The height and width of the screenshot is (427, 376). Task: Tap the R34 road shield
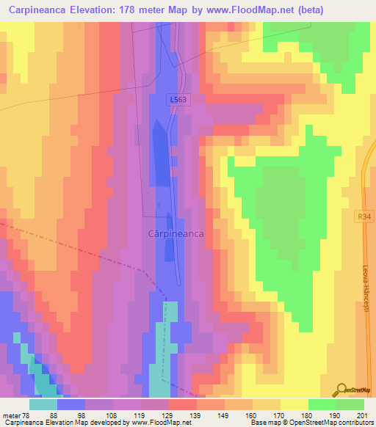tap(367, 216)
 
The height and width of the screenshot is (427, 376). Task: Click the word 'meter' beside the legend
tap(12, 415)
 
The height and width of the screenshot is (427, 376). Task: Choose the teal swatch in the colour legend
tap(43, 404)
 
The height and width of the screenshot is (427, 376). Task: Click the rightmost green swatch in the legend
tap(350, 404)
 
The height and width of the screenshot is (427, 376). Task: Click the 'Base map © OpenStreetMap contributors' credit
tap(313, 423)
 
